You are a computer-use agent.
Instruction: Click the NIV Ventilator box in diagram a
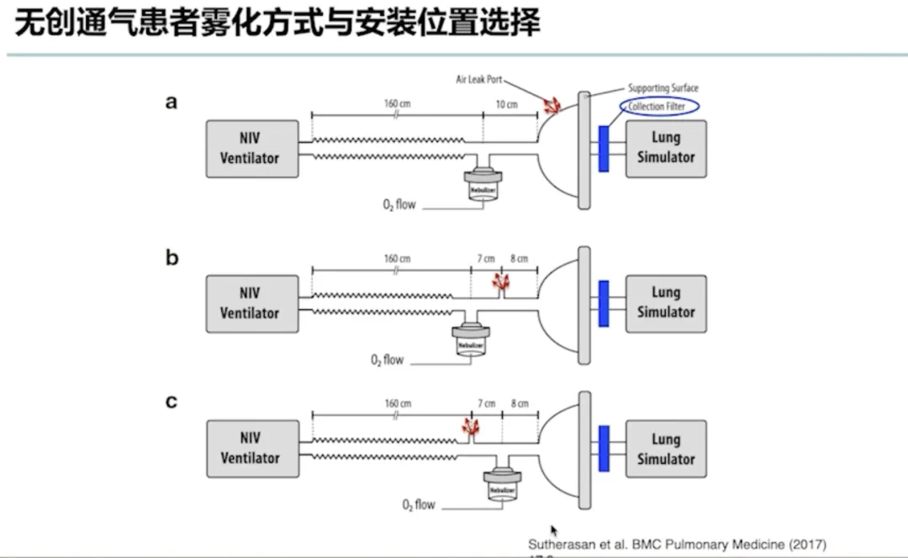252,148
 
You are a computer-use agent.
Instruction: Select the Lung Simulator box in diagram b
665,303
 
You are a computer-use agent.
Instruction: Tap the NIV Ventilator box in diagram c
252,449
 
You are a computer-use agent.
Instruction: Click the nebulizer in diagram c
503,487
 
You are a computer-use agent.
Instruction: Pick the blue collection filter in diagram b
603,303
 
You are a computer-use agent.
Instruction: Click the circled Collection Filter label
662,107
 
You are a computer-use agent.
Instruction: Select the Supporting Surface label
663,87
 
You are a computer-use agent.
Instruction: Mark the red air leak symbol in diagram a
552,105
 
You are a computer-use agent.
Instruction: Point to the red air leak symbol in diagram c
471,429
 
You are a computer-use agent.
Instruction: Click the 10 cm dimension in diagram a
506,105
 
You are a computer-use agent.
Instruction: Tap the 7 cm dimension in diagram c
486,403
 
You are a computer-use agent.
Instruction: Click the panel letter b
172,258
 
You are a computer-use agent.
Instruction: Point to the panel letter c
172,402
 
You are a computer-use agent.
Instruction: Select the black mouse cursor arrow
554,530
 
